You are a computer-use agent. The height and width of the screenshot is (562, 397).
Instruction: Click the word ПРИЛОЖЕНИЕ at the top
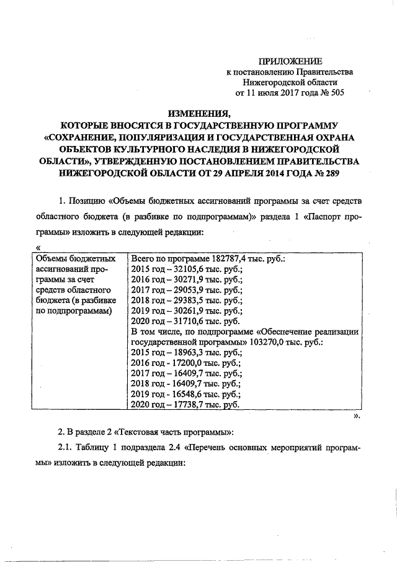(290, 61)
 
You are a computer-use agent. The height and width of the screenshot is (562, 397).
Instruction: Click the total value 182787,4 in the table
(226, 259)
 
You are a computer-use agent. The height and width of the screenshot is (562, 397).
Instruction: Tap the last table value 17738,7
(189, 405)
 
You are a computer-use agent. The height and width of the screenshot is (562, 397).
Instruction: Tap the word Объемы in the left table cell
(52, 259)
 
